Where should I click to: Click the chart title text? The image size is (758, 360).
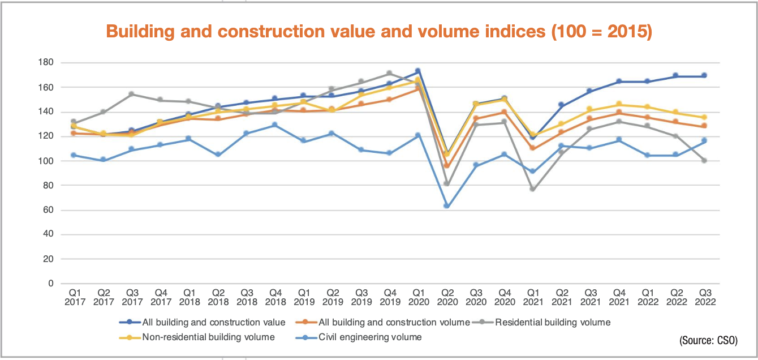(378, 31)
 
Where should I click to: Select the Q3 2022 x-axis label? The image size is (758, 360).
(705, 297)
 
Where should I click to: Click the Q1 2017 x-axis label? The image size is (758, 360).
(75, 297)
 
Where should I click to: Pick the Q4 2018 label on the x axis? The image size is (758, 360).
(275, 297)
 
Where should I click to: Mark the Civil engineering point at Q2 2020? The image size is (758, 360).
(446, 206)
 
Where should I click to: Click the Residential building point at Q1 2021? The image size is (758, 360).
(532, 189)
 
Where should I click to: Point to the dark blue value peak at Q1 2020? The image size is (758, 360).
(417, 71)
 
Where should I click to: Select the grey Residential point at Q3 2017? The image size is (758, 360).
(132, 94)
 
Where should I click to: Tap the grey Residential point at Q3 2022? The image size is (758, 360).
(705, 161)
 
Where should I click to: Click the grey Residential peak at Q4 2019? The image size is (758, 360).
(389, 73)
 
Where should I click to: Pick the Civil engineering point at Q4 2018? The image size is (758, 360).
(275, 125)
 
